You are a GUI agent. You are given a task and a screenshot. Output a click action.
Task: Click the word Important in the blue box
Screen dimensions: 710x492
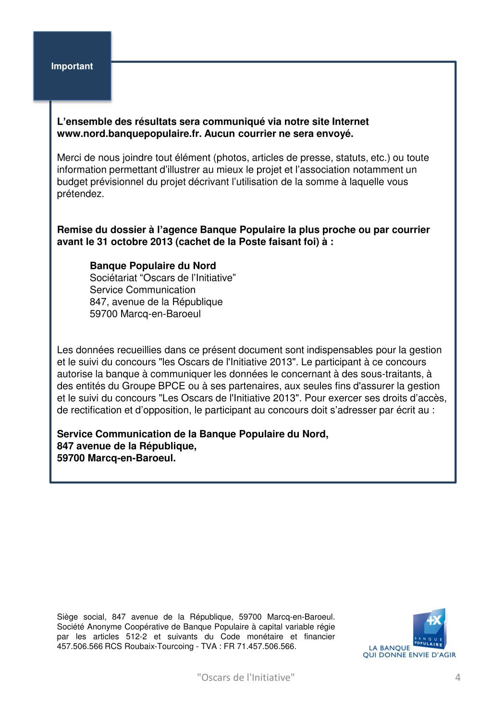pyautogui.click(x=72, y=66)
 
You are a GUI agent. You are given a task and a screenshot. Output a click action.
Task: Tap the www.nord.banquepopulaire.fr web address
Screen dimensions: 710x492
pyautogui.click(x=129, y=134)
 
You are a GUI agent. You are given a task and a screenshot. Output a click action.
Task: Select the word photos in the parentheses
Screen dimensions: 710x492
pyautogui.click(x=233, y=158)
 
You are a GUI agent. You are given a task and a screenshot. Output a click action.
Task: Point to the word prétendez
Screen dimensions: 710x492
pyautogui.click(x=80, y=194)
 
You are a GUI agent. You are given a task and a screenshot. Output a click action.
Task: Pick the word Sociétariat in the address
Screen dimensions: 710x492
pyautogui.click(x=112, y=278)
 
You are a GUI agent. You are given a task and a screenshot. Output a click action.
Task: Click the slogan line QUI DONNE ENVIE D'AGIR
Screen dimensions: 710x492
pyautogui.click(x=409, y=655)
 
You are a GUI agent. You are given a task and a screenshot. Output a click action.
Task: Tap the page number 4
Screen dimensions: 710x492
pyautogui.click(x=457, y=677)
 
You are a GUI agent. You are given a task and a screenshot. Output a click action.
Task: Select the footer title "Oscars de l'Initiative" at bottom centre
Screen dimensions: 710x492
pyautogui.click(x=246, y=677)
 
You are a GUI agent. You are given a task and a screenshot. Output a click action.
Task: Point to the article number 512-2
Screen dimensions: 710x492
pyautogui.click(x=136, y=637)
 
